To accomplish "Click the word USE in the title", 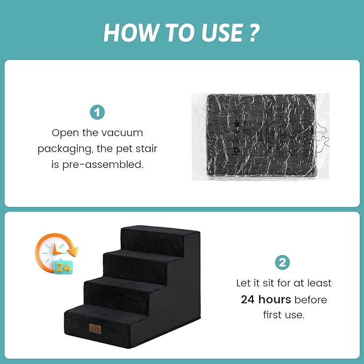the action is (x=222, y=33).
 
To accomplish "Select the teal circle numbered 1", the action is (x=97, y=113).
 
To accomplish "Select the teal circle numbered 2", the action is (x=283, y=263).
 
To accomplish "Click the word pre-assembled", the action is (x=103, y=165).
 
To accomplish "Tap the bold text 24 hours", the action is (x=266, y=299).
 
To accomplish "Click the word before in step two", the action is (x=310, y=300).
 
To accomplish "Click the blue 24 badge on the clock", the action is (x=63, y=268).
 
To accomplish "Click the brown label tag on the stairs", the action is (x=95, y=329).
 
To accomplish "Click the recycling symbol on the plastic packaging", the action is (x=236, y=150).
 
